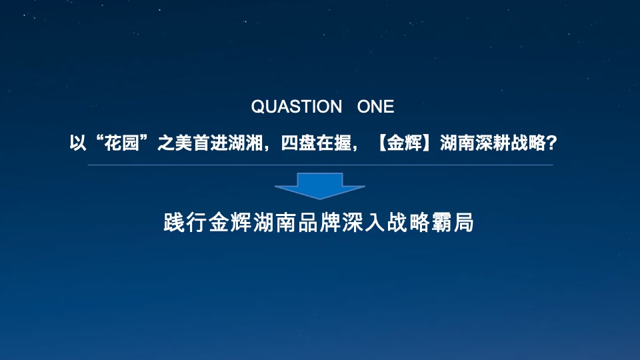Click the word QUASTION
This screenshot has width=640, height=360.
pyautogui.click(x=296, y=107)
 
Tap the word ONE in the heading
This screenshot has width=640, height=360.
pyautogui.click(x=376, y=107)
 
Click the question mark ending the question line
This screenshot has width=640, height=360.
pyautogui.click(x=551, y=143)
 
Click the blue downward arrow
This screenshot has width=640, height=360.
pyautogui.click(x=320, y=185)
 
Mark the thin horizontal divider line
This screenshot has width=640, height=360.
pyautogui.click(x=320, y=165)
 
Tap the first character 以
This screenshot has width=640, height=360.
pyautogui.click(x=78, y=143)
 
